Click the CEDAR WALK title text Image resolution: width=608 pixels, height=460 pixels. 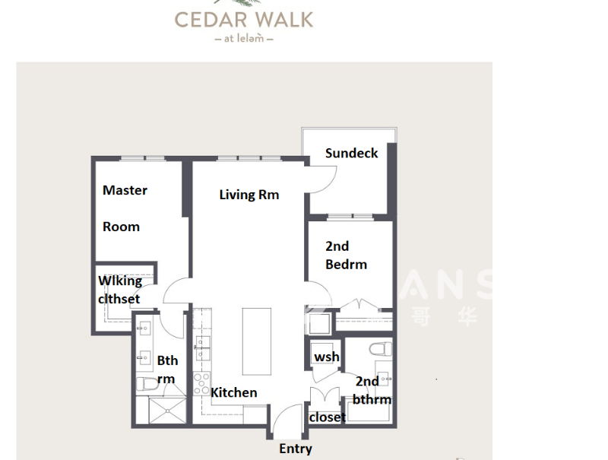(x=243, y=19)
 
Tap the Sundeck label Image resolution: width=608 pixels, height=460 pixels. (x=351, y=153)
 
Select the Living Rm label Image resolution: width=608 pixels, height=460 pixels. (x=249, y=195)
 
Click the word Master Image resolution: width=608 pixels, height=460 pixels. (x=125, y=190)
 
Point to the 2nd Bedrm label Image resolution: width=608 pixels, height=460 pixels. (x=346, y=255)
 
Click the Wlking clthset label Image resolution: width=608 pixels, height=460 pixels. (x=120, y=290)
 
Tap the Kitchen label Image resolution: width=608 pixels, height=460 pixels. (x=233, y=392)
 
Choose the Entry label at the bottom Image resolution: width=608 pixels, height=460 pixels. (x=295, y=449)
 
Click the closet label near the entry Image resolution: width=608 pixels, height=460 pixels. (x=327, y=417)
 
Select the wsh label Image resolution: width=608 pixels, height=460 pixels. (x=327, y=357)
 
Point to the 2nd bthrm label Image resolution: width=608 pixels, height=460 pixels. (x=372, y=390)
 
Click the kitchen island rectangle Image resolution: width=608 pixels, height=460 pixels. (x=257, y=341)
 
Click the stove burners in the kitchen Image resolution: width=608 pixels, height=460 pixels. (x=202, y=382)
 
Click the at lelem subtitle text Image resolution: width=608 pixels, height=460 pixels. (x=243, y=38)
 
